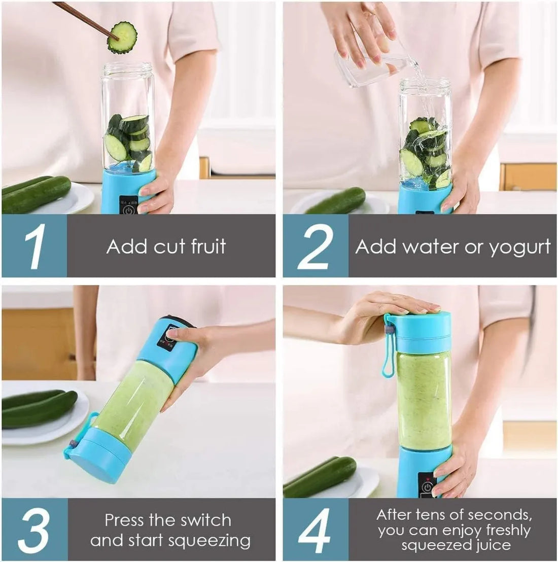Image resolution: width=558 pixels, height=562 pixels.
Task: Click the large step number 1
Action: pos(34,247)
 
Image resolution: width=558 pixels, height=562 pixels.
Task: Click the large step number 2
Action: pos(316,247)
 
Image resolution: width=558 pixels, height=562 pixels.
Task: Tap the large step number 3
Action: pos(34,530)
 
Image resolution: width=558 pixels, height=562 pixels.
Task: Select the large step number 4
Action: pos(316,530)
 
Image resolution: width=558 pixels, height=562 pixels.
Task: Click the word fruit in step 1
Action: pos(208,247)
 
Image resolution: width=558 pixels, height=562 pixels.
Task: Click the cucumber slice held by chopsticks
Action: pos(122,37)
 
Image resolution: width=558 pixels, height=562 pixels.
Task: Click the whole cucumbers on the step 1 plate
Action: pos(36,194)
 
